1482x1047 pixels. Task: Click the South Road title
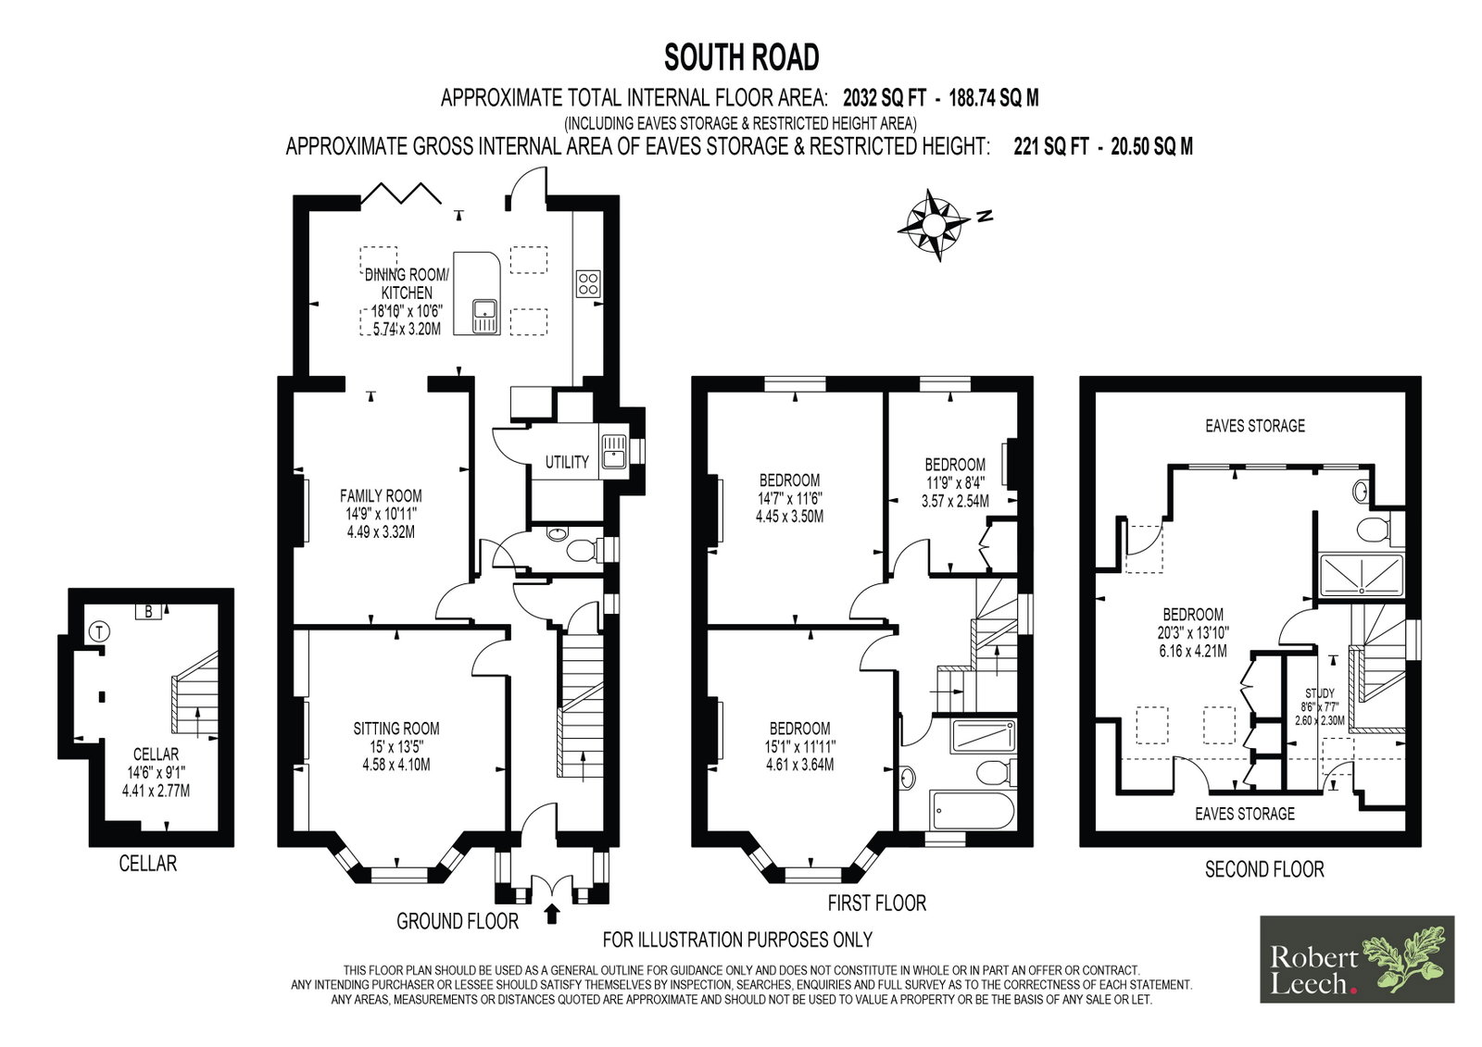741,57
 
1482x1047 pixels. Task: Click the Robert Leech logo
1357,959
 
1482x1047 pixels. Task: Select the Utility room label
566,462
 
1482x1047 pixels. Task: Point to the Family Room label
381,495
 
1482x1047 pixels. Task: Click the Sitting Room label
396,729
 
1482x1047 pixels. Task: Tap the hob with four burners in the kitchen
588,284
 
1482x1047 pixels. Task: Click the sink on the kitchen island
485,317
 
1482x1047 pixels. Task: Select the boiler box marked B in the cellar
148,612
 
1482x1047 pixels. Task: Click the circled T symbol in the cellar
99,632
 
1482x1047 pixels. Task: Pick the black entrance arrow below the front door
552,914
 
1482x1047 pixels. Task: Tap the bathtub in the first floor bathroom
972,809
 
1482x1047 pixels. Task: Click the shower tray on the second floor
1362,574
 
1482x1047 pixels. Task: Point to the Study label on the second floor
1319,693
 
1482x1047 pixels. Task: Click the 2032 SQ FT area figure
884,98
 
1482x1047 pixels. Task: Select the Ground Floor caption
458,921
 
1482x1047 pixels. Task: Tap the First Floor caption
876,903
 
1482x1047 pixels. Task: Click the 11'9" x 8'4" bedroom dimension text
955,483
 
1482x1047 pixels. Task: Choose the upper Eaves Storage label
1255,425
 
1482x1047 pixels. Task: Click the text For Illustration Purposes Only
737,940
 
